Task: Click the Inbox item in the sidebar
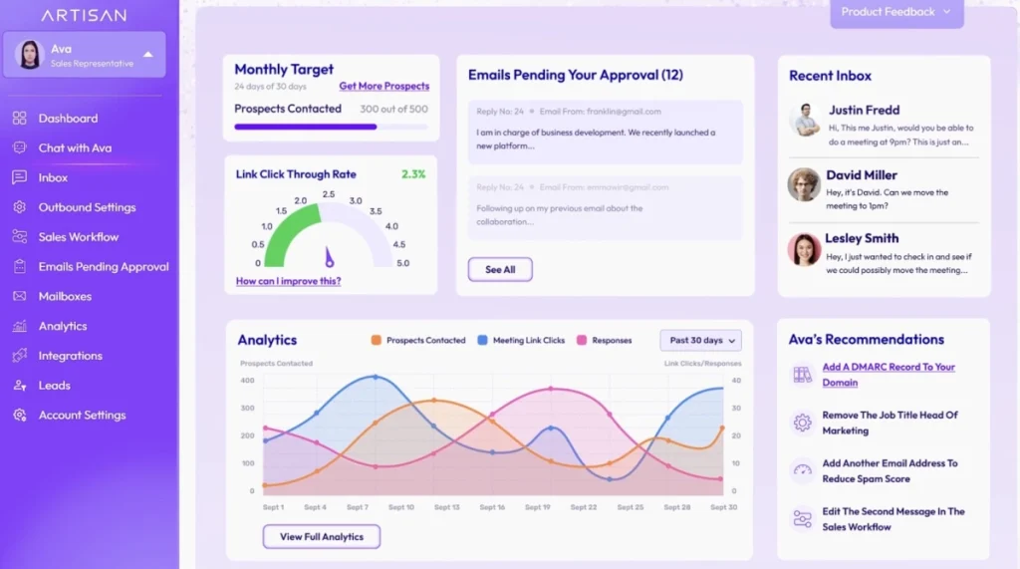(x=53, y=177)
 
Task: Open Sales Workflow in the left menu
(x=78, y=237)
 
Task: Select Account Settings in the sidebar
(x=82, y=415)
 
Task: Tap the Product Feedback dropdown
(x=896, y=12)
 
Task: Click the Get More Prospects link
(x=383, y=87)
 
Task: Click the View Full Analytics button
(x=321, y=537)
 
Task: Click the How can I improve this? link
(x=288, y=281)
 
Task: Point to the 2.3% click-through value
(x=413, y=174)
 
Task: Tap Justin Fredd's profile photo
(x=805, y=120)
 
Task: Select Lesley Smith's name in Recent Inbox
(x=861, y=238)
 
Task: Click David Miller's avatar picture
(x=804, y=184)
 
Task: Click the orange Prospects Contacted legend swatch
(x=377, y=341)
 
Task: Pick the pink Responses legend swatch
(x=582, y=341)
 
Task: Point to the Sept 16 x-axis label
(x=492, y=507)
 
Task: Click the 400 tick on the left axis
(x=247, y=380)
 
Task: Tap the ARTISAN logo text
(x=84, y=16)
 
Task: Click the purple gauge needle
(x=329, y=258)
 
